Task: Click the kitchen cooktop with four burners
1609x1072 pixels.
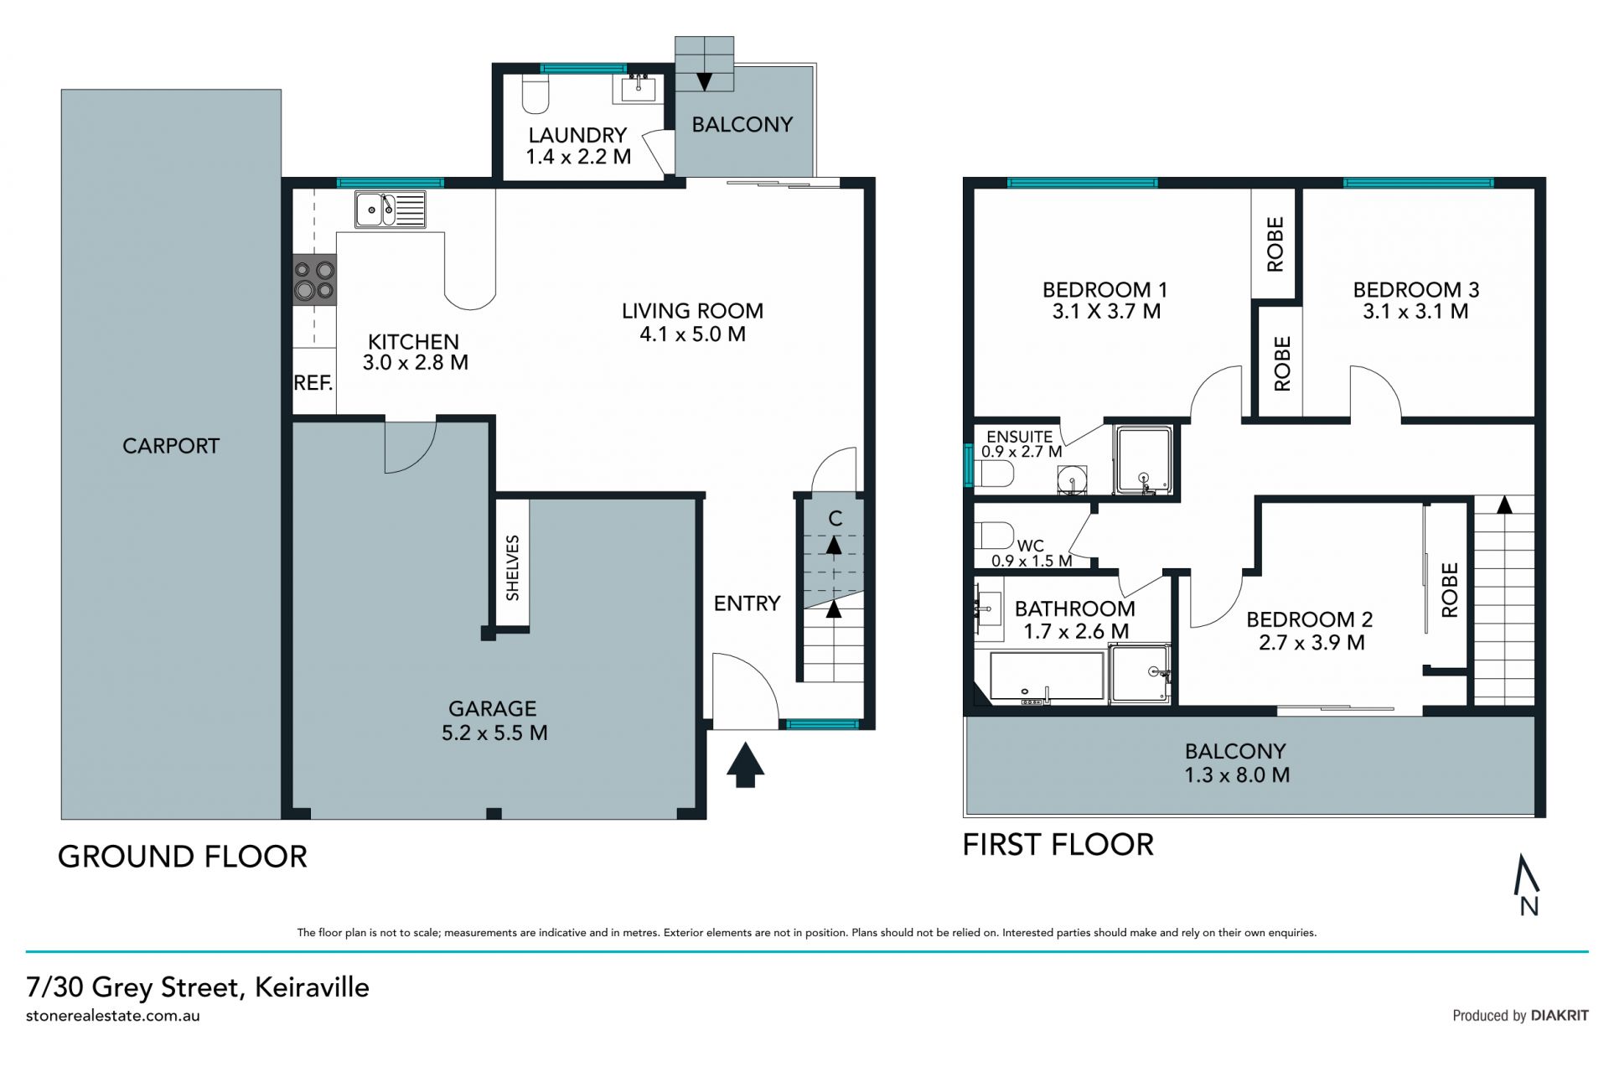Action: point(314,280)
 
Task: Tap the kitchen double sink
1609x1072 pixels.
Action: point(390,210)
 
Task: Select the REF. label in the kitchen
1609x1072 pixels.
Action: point(313,383)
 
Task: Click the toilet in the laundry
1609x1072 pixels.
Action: point(535,94)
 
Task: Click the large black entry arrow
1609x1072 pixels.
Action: point(745,764)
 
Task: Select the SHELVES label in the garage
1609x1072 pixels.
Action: point(513,567)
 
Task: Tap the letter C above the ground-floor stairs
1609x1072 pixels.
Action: point(835,519)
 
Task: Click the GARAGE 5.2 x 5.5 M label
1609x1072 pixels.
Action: point(494,721)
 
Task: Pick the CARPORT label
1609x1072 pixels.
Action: point(171,446)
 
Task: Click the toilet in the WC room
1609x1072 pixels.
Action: point(995,535)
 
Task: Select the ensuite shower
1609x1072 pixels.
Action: point(1143,461)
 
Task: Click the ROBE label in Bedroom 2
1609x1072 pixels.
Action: point(1450,590)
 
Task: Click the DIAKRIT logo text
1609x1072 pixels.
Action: point(1560,1015)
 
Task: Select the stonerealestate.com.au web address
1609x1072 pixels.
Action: point(113,1016)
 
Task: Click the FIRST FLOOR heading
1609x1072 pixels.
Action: point(1058,844)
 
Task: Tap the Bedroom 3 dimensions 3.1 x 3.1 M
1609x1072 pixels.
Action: point(1415,312)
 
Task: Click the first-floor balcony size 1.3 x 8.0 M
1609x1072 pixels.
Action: point(1236,775)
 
